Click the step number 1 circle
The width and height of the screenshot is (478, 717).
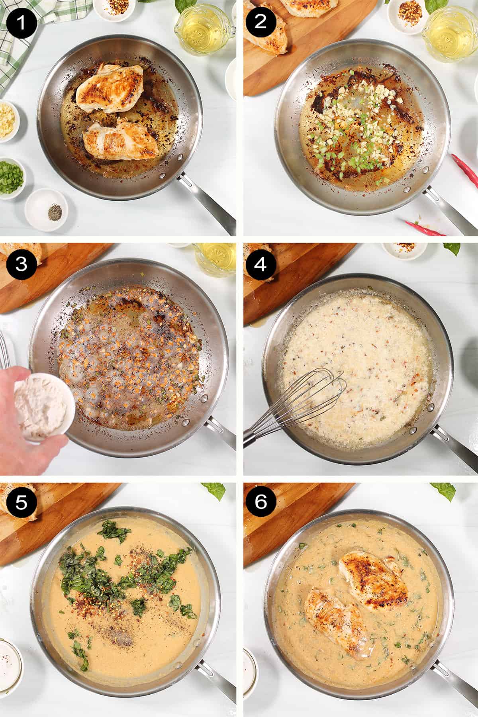[22, 22]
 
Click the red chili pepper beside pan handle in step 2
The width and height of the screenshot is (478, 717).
[466, 169]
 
